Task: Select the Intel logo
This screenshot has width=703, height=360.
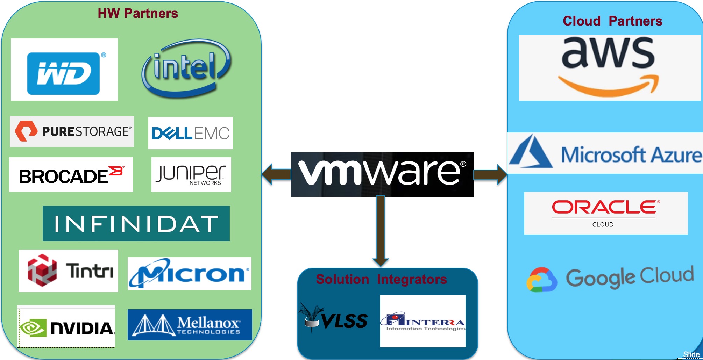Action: click(x=186, y=68)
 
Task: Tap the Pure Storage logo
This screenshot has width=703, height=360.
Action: click(x=72, y=131)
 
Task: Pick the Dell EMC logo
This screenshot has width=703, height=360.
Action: click(x=191, y=133)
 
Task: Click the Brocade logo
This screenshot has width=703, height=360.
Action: click(x=71, y=175)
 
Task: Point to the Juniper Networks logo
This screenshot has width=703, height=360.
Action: click(x=191, y=174)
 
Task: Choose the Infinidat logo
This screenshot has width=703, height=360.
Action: click(x=136, y=223)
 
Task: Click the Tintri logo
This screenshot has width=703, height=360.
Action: click(x=69, y=271)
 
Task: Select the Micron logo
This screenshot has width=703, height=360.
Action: click(x=189, y=274)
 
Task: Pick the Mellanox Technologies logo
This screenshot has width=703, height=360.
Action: click(x=190, y=325)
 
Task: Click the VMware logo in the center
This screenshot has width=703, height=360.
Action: click(x=382, y=174)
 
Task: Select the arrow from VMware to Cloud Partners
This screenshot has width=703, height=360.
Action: click(x=490, y=174)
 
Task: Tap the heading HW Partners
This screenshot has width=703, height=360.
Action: click(x=138, y=13)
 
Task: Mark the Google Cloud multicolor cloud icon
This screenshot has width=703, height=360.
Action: click(x=541, y=280)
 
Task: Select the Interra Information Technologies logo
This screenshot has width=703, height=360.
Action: click(x=422, y=321)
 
